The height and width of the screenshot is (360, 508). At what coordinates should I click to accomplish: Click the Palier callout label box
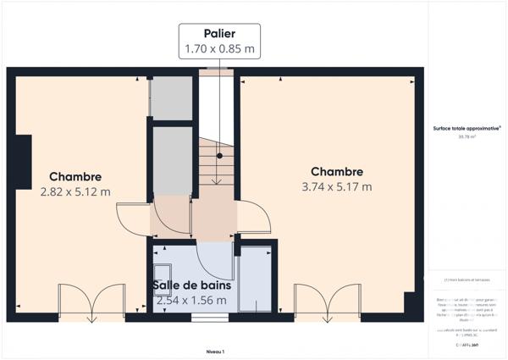[x=218, y=41]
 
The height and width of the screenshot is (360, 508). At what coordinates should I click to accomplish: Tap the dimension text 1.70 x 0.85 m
[x=218, y=49]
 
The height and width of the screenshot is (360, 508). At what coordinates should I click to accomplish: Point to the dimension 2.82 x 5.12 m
[x=75, y=191]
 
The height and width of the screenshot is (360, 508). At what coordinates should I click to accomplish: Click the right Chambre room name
[x=336, y=171]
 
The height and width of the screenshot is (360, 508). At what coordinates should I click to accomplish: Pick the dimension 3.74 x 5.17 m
[x=336, y=186]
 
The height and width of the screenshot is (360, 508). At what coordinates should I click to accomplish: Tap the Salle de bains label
[x=191, y=285]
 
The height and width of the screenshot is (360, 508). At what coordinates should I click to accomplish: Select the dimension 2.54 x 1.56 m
[x=191, y=300]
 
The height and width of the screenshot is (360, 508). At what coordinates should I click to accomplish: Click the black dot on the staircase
[x=218, y=156]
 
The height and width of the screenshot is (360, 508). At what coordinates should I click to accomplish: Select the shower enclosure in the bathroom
[x=256, y=280]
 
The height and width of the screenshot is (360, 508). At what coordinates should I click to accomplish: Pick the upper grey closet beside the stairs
[x=172, y=98]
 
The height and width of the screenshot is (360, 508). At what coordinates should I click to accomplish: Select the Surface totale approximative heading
[x=467, y=128]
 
